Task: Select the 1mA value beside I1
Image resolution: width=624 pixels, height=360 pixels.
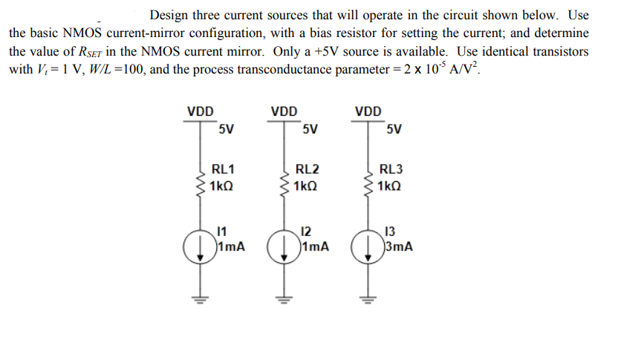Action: [232, 246]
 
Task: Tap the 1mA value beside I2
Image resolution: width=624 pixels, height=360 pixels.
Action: [316, 246]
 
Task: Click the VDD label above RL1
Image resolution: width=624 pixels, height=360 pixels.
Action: [199, 112]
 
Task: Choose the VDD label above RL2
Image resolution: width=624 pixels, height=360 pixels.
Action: [284, 112]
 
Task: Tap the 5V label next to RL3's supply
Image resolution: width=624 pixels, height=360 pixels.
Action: [394, 129]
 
